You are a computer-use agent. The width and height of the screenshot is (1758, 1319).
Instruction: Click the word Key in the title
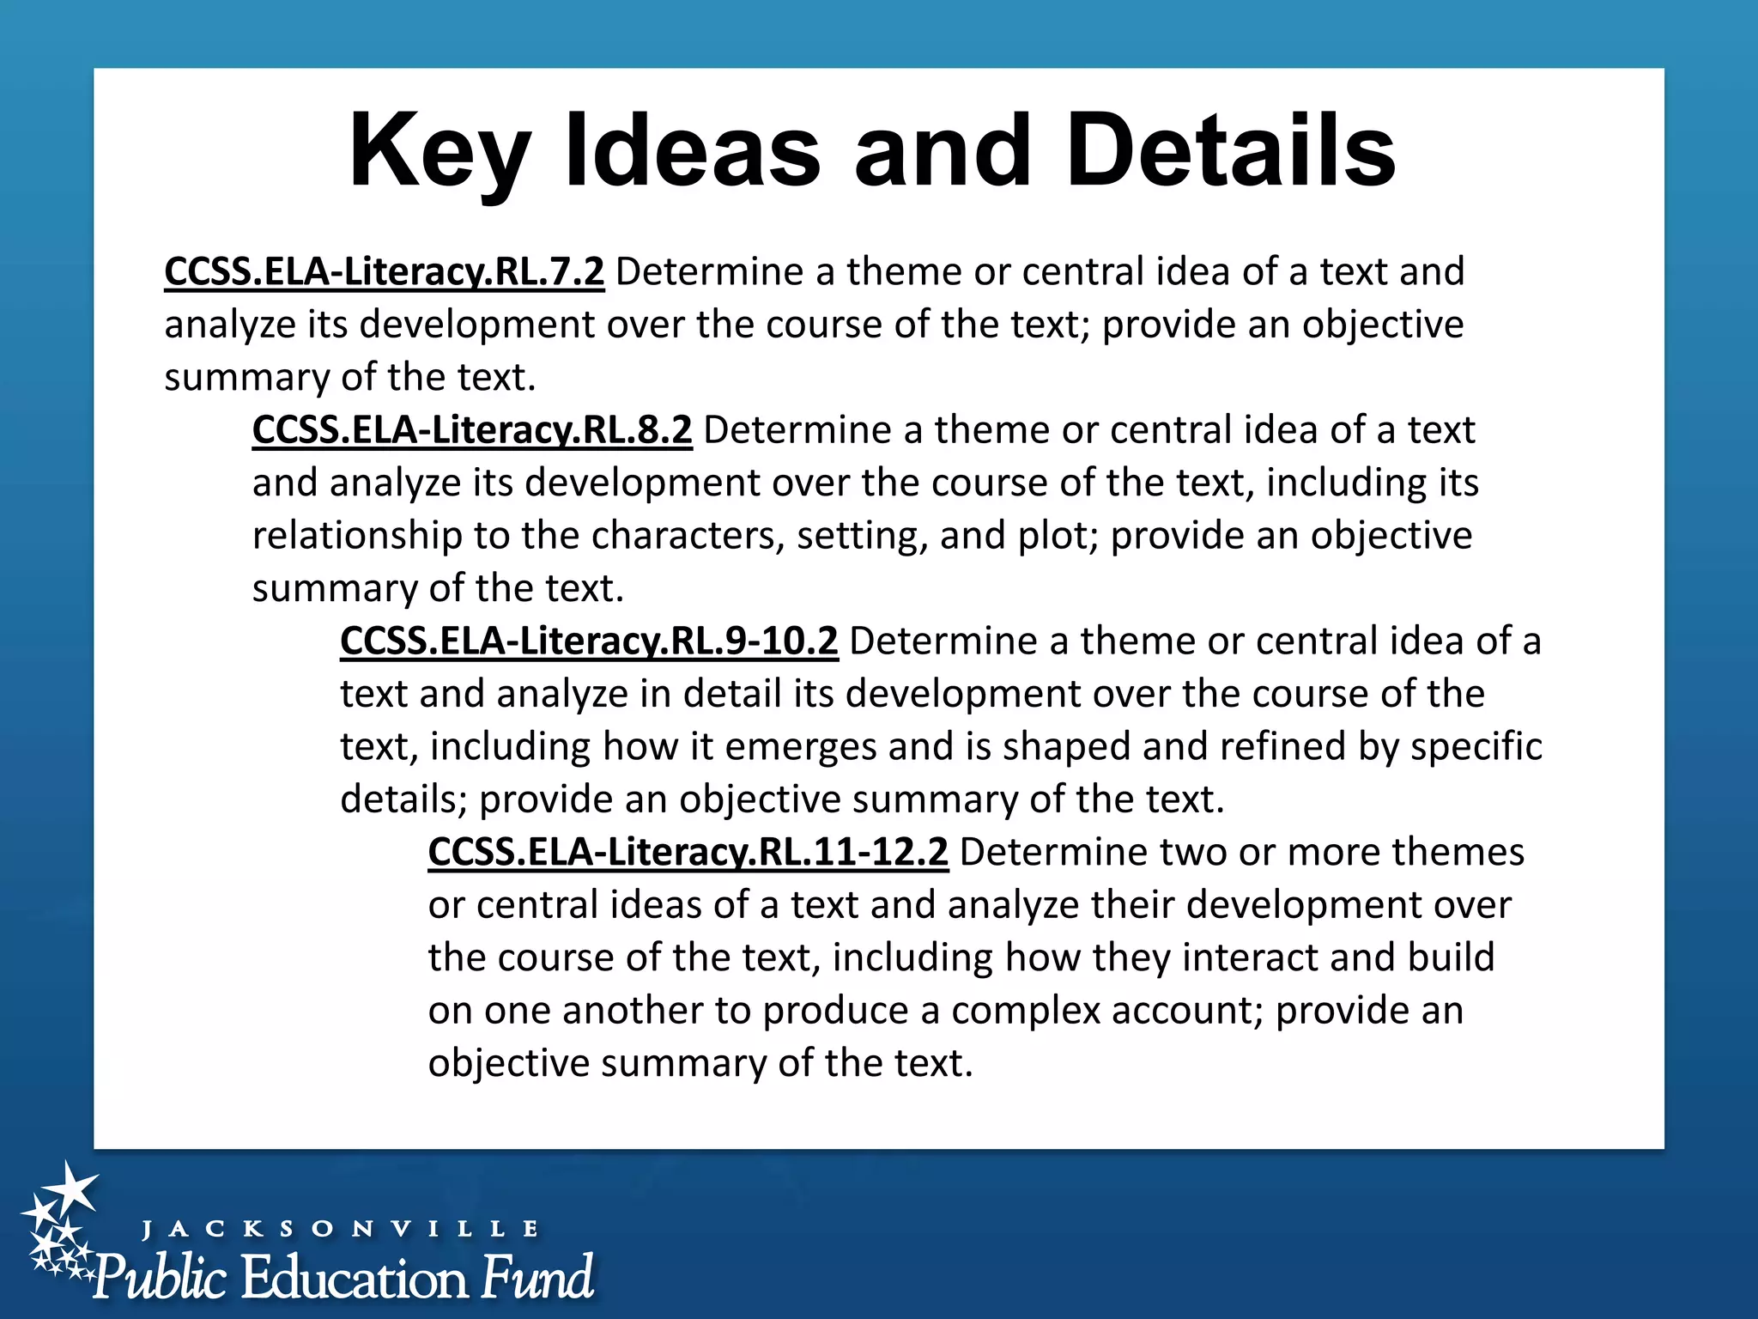[439, 151]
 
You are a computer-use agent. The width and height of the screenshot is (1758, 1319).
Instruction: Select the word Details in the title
[1231, 151]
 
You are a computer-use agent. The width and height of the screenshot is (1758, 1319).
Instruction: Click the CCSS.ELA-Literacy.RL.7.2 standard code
[384, 271]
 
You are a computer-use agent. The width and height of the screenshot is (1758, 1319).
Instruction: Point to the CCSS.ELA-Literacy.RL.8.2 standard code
[472, 429]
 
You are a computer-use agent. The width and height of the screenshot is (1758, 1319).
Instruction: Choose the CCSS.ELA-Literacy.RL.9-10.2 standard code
[589, 641]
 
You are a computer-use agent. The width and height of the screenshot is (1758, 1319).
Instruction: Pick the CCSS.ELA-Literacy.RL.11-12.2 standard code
[688, 852]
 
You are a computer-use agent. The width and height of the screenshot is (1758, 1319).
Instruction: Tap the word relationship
[357, 536]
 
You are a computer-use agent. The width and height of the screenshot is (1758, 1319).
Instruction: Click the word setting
[862, 536]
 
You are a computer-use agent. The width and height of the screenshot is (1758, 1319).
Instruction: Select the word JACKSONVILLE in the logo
[340, 1229]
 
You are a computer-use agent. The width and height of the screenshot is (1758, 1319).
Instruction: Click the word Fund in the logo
[536, 1278]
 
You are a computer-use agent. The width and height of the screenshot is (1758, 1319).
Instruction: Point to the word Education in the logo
[355, 1278]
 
